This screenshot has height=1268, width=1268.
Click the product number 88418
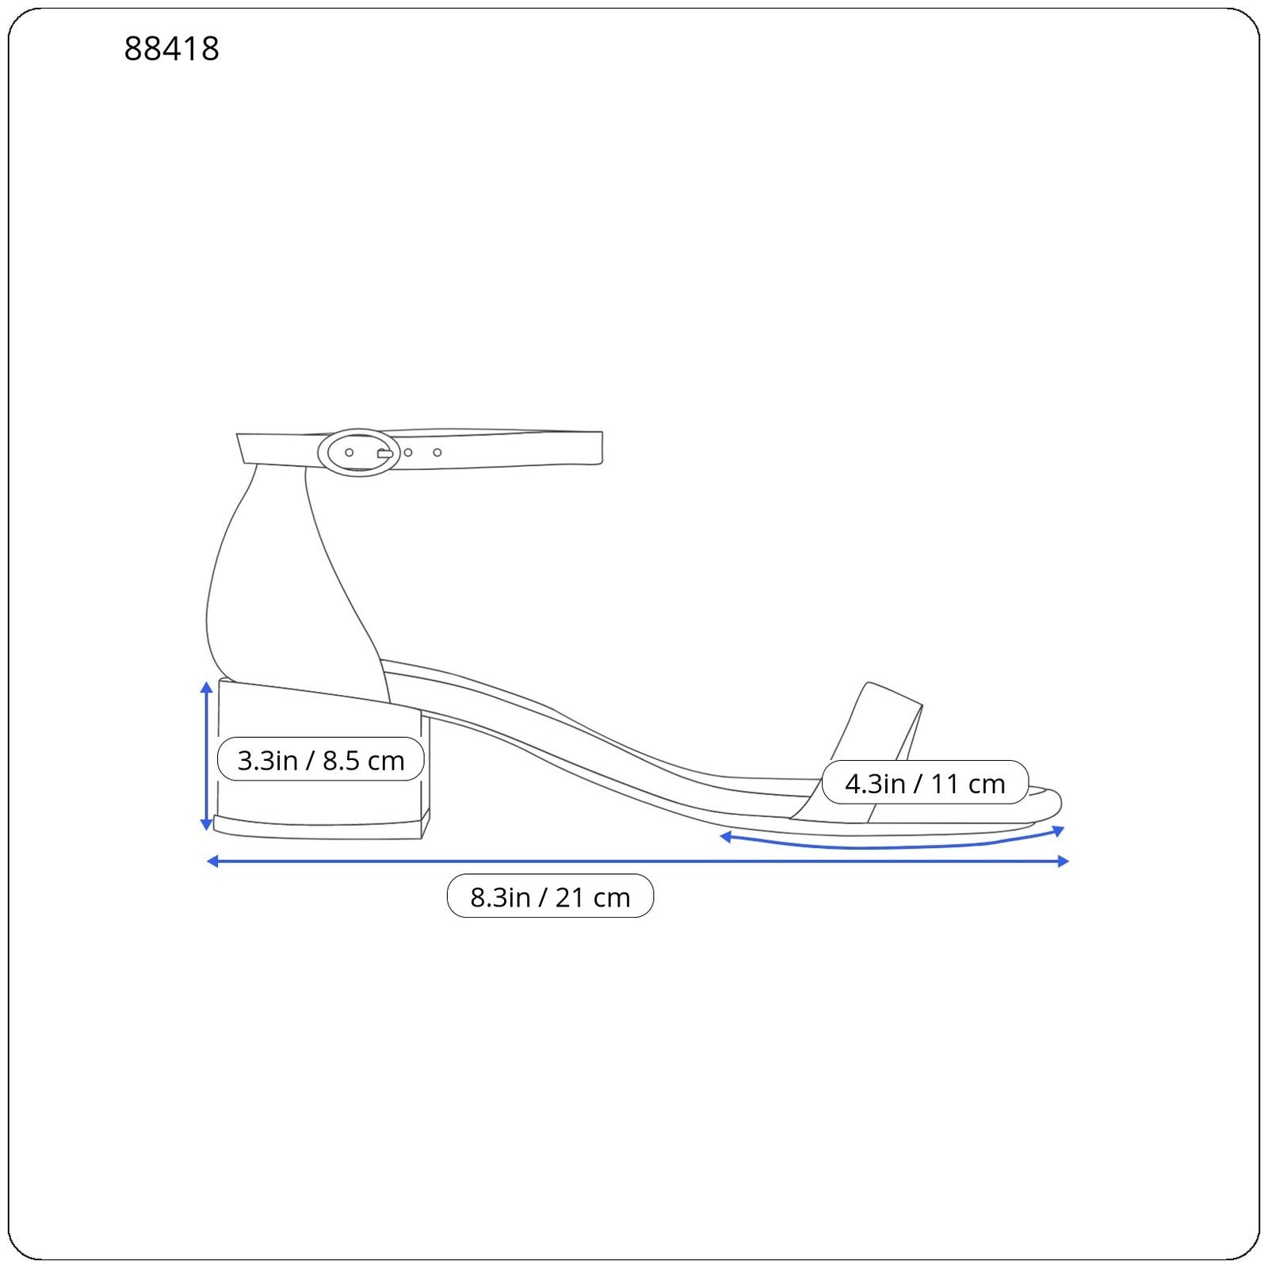(171, 49)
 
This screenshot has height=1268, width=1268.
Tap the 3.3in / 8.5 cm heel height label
(321, 760)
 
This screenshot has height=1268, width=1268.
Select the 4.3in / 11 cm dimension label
(925, 783)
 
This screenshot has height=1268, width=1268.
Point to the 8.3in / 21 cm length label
(550, 896)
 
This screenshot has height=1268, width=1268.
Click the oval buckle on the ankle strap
(359, 453)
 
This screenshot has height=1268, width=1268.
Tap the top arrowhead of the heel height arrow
(207, 686)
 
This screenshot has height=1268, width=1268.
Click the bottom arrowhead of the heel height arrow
(207, 824)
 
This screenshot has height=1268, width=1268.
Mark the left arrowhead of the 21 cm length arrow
(212, 861)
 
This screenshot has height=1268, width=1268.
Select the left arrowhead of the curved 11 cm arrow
(725, 836)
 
